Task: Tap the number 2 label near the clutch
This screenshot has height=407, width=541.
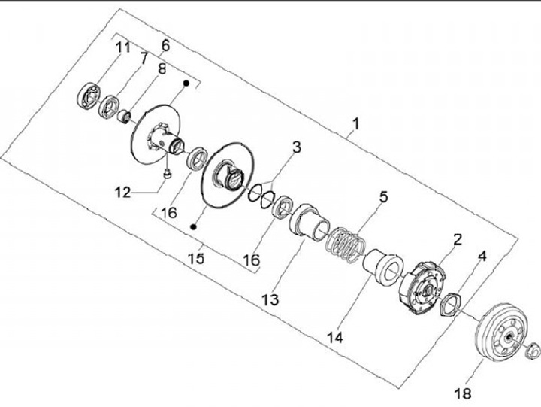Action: coord(456,240)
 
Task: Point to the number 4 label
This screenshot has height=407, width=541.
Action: coord(482,255)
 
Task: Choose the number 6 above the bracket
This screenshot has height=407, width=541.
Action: coord(165,44)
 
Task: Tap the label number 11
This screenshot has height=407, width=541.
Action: coord(143,57)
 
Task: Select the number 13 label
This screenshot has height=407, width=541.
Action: coord(270,299)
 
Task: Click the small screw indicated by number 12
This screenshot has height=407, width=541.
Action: coord(166,175)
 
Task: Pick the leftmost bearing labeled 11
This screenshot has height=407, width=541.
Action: coord(89,96)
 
